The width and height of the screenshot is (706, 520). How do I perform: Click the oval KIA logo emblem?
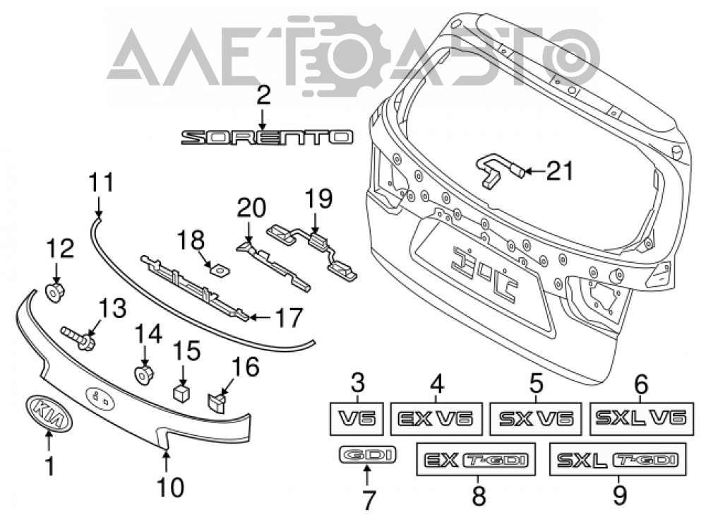tap(49, 413)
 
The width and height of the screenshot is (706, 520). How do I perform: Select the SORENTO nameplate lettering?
tap(267, 138)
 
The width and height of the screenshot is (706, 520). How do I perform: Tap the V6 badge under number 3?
tap(357, 418)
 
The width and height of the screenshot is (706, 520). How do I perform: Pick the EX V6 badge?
tap(436, 418)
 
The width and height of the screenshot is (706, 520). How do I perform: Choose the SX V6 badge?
tap(535, 418)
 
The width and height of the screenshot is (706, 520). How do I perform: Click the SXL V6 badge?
tap(641, 418)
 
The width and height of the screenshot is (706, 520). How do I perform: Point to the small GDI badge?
tap(367, 454)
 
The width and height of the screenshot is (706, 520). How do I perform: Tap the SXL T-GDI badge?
tap(618, 459)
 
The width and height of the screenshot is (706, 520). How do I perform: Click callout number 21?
tap(560, 171)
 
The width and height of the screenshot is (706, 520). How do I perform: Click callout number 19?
tap(319, 199)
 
